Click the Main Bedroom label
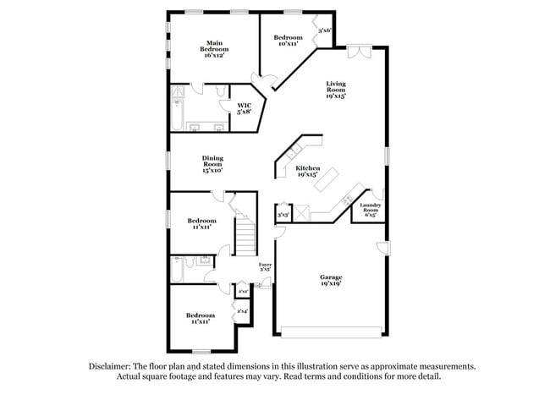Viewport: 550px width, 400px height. click(214, 49)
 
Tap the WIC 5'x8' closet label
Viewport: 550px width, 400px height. click(244, 107)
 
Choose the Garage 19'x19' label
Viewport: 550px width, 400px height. click(330, 281)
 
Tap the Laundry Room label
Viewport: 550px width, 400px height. click(370, 209)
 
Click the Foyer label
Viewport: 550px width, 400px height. click(265, 267)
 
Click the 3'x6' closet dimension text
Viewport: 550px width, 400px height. click(324, 31)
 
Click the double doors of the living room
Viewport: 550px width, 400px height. click(359, 52)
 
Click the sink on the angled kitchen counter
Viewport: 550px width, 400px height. click(293, 152)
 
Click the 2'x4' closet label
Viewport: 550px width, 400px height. click(243, 312)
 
